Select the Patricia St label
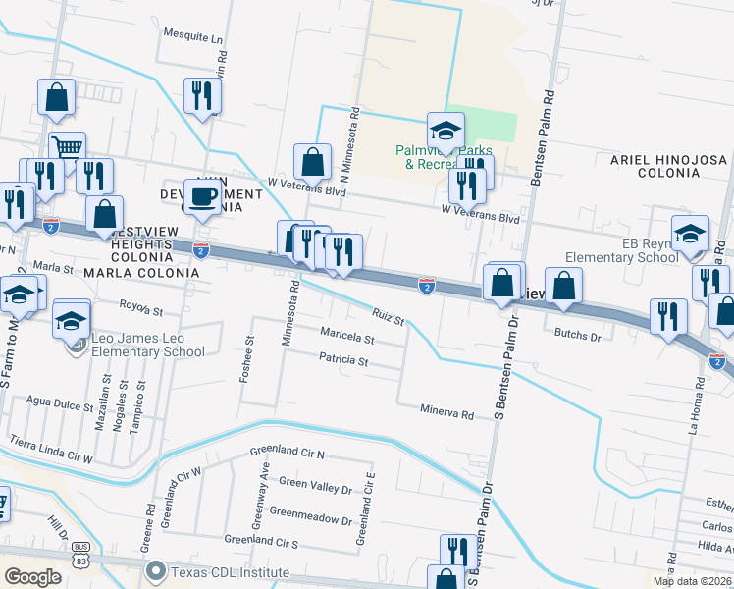343,361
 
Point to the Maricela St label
347,337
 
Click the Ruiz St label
389,316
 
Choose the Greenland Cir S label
260,541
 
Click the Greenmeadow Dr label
309,512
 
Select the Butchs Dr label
576,336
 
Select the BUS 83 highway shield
81,554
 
